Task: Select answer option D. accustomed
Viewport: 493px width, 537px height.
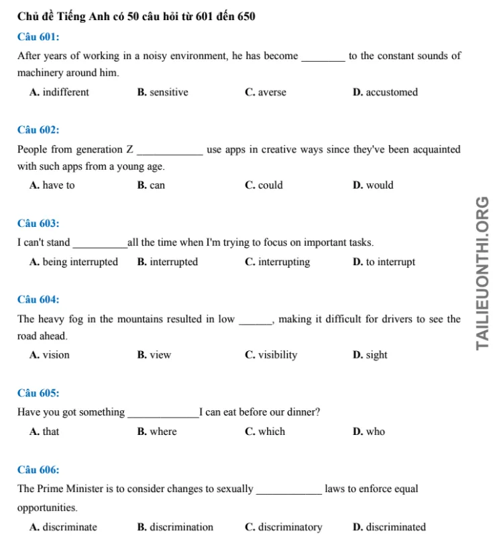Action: [x=384, y=93]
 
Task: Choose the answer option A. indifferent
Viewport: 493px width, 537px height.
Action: [x=59, y=93]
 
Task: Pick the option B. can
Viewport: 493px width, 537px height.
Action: [x=151, y=185]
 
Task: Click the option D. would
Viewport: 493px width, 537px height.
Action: [x=372, y=185]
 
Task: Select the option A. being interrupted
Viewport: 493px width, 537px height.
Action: [x=74, y=262]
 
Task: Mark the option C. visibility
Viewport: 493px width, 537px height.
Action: [x=271, y=355]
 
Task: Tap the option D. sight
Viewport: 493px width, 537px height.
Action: [x=370, y=355]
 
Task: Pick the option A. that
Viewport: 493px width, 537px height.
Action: [x=44, y=432]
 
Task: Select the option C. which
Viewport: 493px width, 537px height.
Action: [x=265, y=432]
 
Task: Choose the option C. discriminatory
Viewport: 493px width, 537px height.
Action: [x=283, y=527]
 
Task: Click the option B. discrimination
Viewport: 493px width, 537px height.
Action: [x=175, y=527]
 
